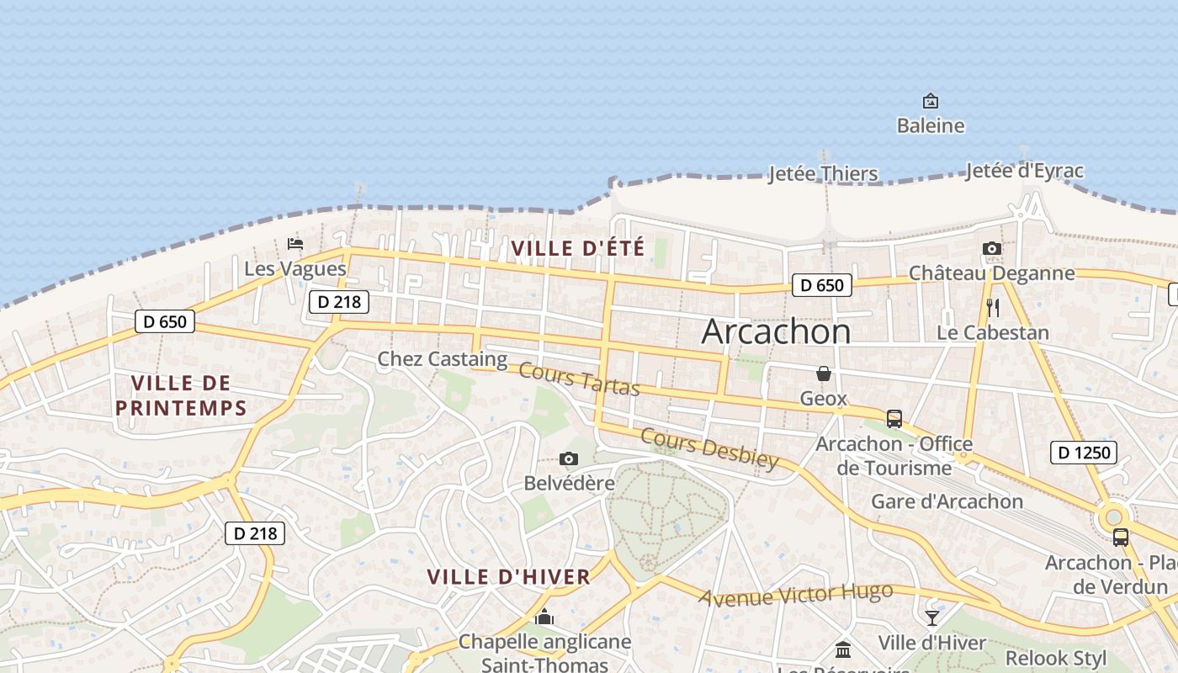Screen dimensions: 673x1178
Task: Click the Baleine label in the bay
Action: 930,126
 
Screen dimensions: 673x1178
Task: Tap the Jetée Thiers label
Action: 823,174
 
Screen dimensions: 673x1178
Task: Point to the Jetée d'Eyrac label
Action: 1024,171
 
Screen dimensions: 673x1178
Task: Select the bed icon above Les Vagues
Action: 294,244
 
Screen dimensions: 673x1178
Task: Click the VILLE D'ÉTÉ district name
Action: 577,248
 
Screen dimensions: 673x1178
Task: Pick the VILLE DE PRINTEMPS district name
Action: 181,395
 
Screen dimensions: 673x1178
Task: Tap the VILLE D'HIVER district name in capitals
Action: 508,577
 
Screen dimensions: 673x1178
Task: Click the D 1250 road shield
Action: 1085,453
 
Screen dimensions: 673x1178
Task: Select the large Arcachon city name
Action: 776,331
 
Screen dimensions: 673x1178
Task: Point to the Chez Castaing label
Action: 442,359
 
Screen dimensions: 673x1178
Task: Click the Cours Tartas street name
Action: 580,379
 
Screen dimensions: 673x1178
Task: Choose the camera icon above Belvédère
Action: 569,458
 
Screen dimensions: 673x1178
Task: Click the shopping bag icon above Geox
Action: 823,373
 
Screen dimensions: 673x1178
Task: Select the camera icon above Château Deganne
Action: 992,248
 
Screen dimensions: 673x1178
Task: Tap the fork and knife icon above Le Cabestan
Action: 993,307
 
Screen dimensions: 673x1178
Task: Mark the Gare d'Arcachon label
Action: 947,501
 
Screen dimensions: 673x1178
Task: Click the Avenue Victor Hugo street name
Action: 795,595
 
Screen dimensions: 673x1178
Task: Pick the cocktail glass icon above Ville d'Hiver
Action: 931,618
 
